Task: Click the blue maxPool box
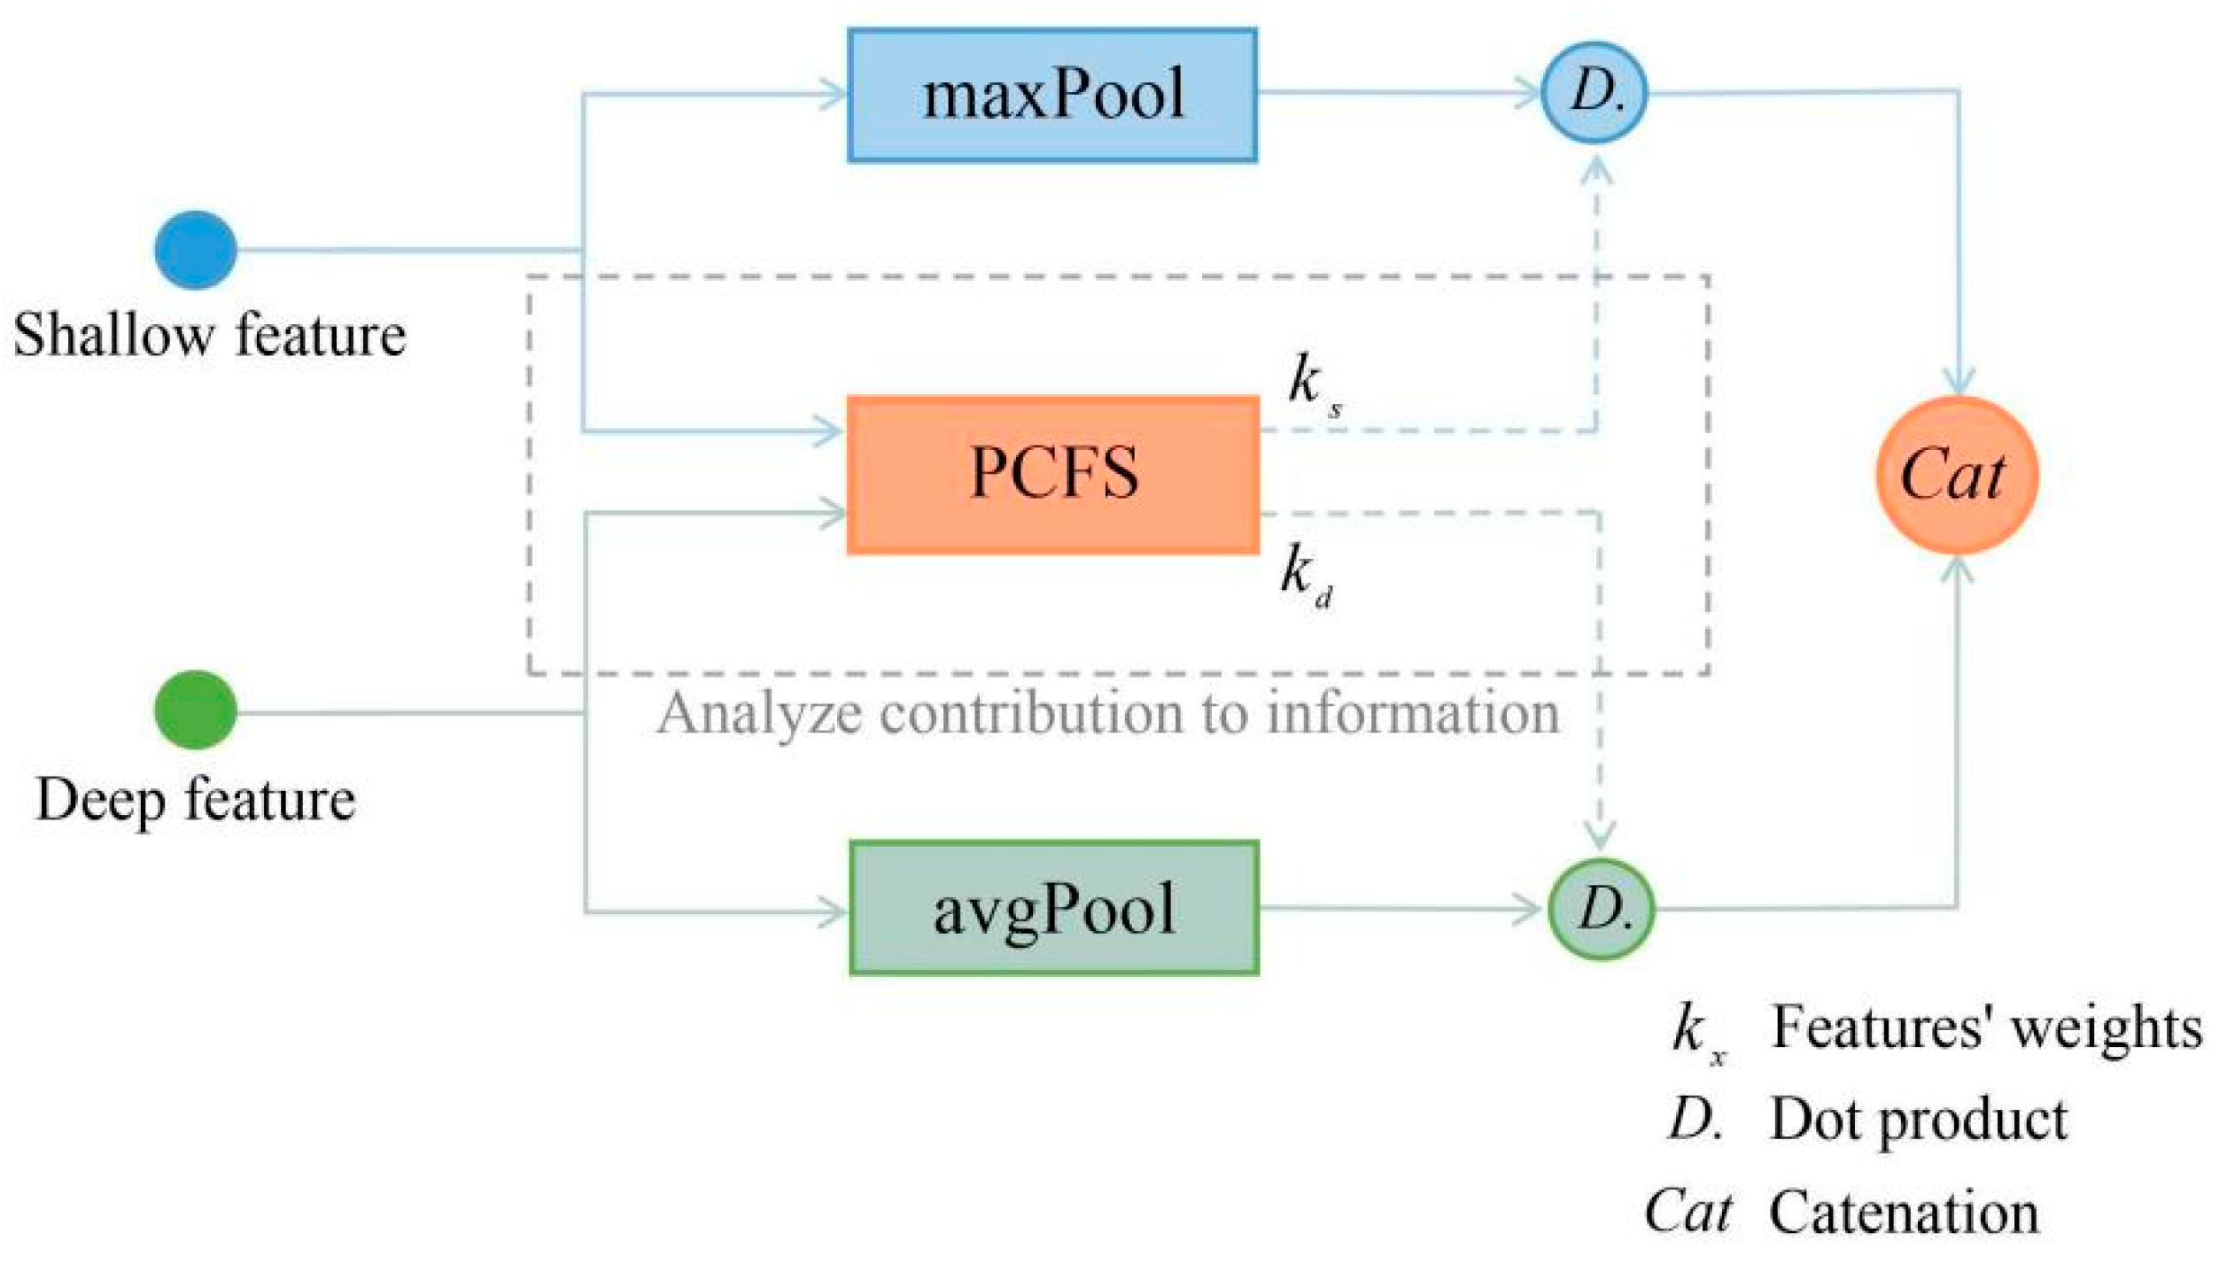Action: coord(1052,95)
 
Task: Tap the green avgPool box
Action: coord(1054,909)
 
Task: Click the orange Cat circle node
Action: coord(1957,476)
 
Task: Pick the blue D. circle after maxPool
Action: coord(1595,92)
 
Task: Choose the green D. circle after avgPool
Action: coord(1602,909)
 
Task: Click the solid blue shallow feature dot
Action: coord(196,250)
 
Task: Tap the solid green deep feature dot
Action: coord(196,710)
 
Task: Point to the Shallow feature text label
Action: coord(209,336)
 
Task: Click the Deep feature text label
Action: coord(196,800)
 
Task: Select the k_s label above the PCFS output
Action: coord(1313,384)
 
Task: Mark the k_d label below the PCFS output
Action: coord(1306,573)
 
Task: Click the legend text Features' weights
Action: coord(1986,1028)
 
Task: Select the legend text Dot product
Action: coord(1918,1120)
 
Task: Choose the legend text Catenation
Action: coord(1904,1213)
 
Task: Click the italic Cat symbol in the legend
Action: coord(1688,1211)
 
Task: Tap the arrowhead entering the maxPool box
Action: coord(833,94)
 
